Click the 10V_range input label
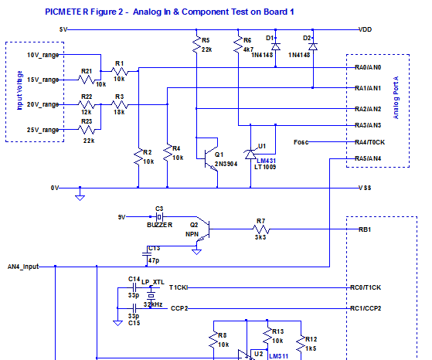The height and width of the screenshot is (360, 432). pyautogui.click(x=43, y=56)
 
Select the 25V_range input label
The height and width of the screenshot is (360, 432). pyautogui.click(x=43, y=131)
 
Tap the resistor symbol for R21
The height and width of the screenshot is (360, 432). pyautogui.click(x=87, y=79)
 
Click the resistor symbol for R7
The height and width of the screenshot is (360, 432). pyautogui.click(x=260, y=229)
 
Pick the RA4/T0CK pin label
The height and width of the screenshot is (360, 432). pyautogui.click(x=369, y=142)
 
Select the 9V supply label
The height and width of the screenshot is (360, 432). pyautogui.click(x=120, y=216)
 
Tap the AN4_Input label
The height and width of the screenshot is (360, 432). pyautogui.click(x=23, y=267)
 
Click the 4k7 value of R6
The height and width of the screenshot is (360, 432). pyautogui.click(x=247, y=49)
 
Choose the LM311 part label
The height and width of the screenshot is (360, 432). pyautogui.click(x=279, y=356)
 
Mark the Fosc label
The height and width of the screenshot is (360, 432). pyautogui.click(x=302, y=142)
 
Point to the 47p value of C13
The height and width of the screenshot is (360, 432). pyautogui.click(x=155, y=262)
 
